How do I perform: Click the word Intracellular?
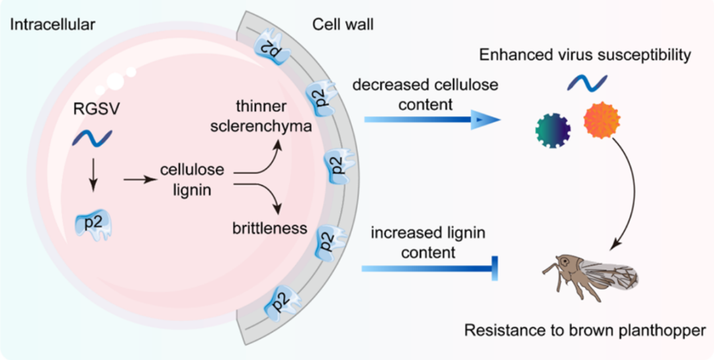coord(52,25)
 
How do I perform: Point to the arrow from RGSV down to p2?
coord(92,177)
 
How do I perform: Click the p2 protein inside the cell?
coord(92,223)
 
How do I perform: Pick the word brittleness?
coord(270,229)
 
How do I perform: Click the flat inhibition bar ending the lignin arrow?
coord(495,269)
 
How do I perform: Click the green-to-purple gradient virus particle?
coord(553,130)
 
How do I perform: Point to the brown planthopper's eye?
coord(564,259)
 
